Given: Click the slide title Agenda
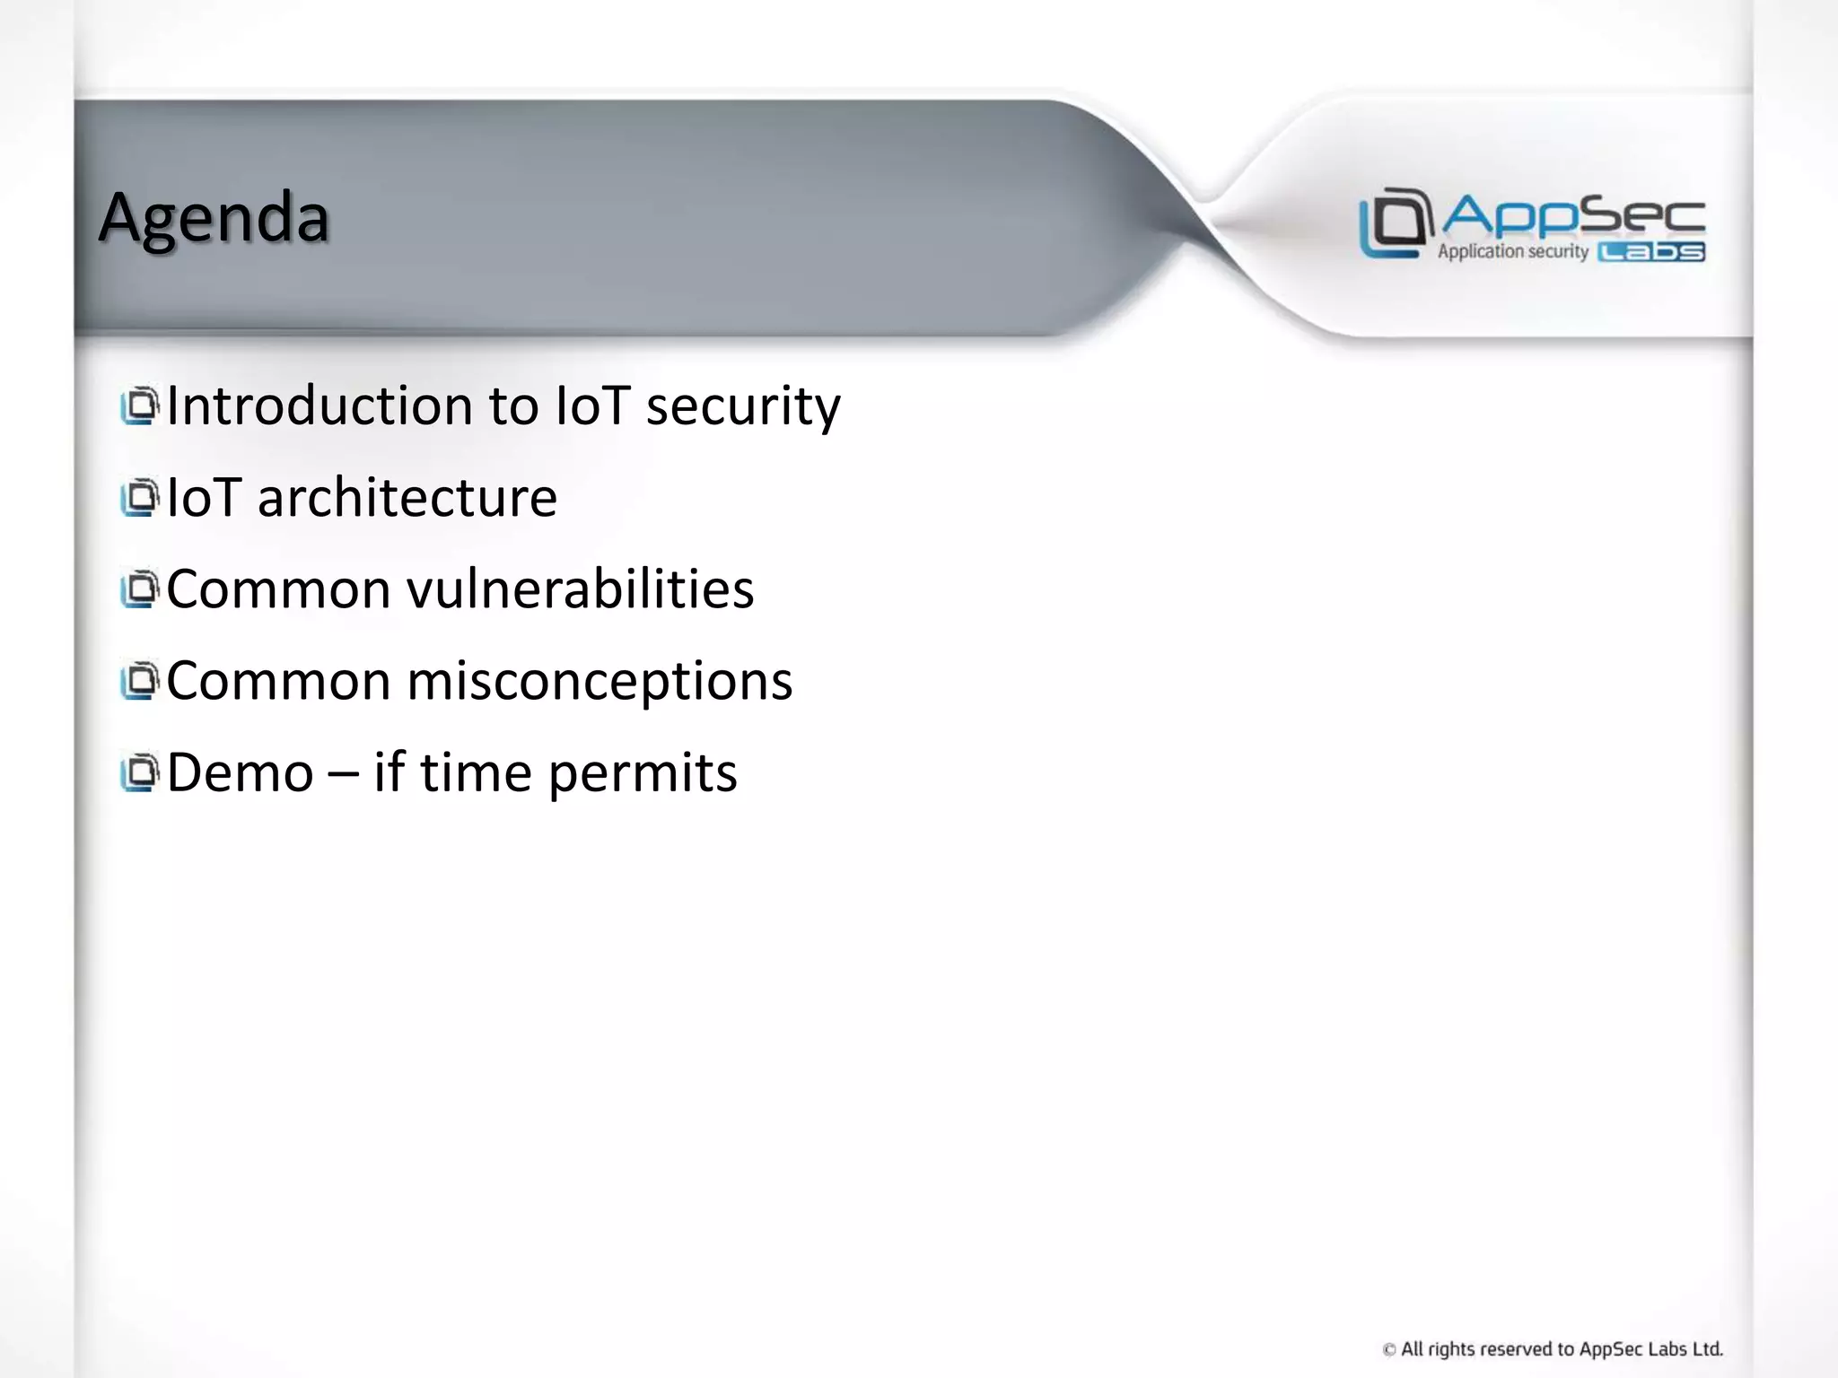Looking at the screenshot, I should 214,218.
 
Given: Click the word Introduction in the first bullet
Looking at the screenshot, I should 319,406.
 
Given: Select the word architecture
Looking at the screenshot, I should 407,498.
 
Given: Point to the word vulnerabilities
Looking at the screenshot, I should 580,589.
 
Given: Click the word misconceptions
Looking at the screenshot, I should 600,682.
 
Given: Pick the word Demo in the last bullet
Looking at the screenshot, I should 240,773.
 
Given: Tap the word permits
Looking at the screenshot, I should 643,773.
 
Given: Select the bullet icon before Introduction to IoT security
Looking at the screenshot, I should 139,406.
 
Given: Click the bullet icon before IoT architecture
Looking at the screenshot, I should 139,498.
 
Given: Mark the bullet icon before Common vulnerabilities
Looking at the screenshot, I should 139,589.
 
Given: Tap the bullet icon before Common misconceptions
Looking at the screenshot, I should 139,681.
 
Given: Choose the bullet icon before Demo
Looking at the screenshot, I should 139,773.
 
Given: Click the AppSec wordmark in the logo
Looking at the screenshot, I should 1573,215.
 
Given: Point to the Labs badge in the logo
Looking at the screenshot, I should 1651,252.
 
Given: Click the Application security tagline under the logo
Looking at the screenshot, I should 1513,252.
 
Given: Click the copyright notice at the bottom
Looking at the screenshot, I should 1553,1348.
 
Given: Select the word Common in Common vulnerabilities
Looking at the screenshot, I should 278,589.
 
